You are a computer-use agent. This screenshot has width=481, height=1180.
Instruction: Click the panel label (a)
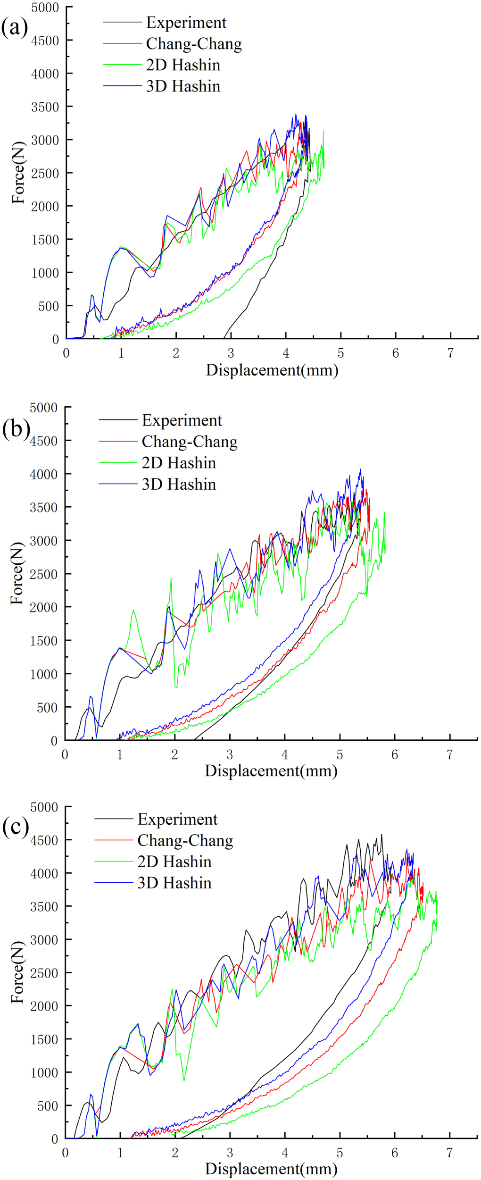(x=15, y=27)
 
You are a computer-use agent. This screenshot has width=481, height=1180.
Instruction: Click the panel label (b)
(x=16, y=429)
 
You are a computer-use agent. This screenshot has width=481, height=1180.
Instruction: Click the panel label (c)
(x=15, y=827)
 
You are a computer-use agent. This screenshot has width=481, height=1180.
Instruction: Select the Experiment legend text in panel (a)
(x=186, y=22)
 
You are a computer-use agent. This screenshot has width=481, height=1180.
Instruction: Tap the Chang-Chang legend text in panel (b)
(x=190, y=441)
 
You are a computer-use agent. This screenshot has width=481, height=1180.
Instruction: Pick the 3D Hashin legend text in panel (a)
(x=183, y=86)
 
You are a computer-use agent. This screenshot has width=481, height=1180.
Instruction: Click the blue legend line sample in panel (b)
(x=118, y=484)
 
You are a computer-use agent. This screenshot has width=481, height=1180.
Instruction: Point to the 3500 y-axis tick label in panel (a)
(x=45, y=107)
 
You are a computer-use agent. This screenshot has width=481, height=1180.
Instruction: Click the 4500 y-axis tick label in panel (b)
(x=44, y=441)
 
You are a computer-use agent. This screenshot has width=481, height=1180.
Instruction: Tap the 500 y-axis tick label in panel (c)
(x=48, y=1105)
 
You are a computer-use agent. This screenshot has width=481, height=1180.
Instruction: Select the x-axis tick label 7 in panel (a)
(x=450, y=353)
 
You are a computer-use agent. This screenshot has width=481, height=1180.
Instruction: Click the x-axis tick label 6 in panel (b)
(x=394, y=754)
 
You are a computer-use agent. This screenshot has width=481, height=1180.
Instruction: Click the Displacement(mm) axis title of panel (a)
(x=272, y=370)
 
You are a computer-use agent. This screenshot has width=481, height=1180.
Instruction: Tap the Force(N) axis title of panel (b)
(x=17, y=573)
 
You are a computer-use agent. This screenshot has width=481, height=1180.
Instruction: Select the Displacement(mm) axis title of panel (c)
(x=271, y=1169)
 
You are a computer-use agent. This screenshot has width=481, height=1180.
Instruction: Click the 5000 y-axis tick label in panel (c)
(x=44, y=807)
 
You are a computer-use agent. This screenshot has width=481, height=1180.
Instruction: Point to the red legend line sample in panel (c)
(x=114, y=840)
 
